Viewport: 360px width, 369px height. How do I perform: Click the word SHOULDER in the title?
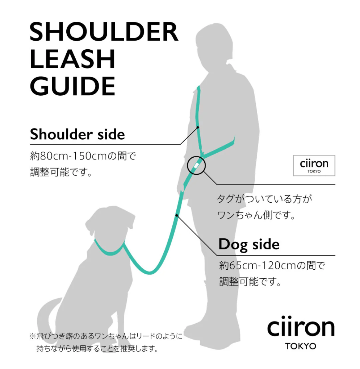104,32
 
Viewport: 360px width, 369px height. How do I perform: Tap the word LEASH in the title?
72,59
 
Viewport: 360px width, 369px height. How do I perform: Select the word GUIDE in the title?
72,86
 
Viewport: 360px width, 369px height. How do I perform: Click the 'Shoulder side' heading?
78,134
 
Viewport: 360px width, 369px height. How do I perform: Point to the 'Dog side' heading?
249,244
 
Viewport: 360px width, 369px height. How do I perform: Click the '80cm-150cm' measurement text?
74,156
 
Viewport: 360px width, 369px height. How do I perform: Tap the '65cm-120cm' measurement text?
263,265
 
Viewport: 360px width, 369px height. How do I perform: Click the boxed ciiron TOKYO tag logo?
314,165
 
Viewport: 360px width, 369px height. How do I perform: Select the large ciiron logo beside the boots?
301,332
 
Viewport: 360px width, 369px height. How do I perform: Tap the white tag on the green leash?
196,165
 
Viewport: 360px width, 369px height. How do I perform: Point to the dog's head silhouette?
110,225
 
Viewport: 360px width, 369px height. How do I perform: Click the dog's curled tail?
47,313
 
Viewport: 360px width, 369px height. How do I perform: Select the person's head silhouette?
213,47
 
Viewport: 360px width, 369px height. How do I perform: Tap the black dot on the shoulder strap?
198,127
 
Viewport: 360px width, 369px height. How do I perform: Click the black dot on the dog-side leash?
177,215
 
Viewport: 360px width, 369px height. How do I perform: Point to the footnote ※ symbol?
33,336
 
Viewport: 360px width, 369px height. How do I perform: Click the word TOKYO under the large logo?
301,346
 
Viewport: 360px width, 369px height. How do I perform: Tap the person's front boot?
200,329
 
